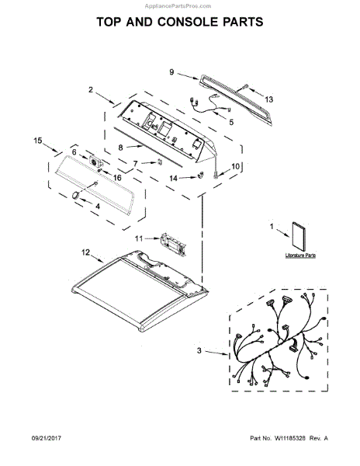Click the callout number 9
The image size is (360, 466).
pos(172,71)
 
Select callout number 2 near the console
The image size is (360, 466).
pos(90,90)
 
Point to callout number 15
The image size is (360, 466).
pos(37,140)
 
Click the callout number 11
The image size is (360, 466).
pos(140,238)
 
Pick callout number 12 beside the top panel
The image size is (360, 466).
pos(86,252)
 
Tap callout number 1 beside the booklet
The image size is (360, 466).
pos(272,227)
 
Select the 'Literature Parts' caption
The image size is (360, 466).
pos(299,255)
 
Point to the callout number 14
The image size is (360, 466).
pos(174,178)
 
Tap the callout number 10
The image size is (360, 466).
pos(236,166)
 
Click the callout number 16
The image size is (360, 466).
pos(118,178)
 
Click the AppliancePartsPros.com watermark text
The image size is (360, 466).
pos(180,5)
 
